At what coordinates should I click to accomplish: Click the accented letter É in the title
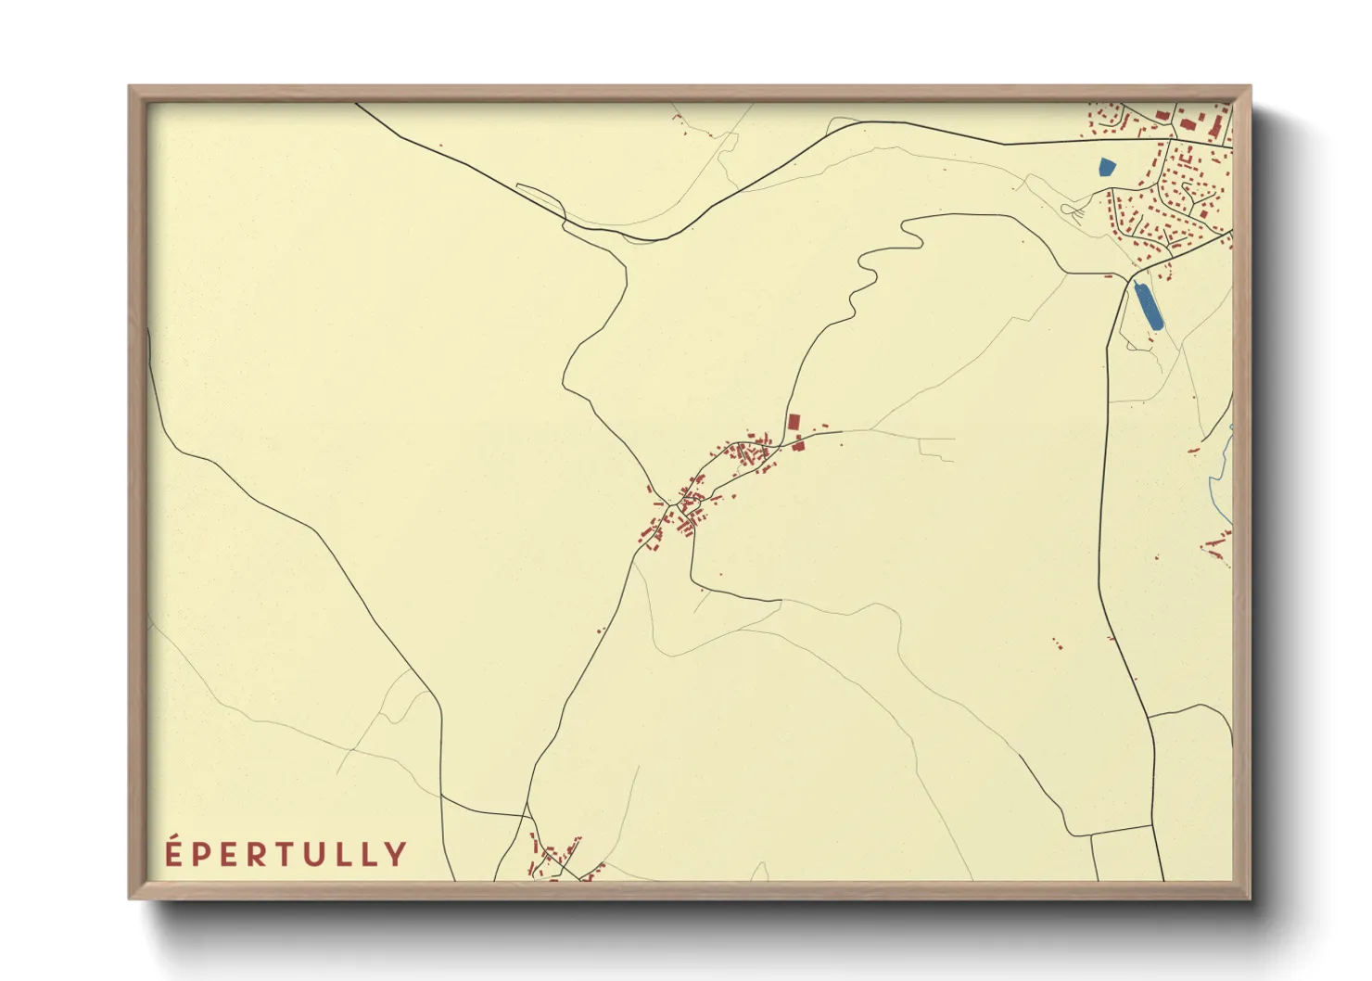(173, 854)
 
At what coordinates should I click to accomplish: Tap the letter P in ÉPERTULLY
(201, 855)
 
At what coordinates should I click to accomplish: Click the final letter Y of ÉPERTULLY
(397, 855)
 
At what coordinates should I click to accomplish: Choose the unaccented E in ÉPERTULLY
(228, 855)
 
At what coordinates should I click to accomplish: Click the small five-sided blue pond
(1106, 168)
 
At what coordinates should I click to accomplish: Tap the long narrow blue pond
(1149, 306)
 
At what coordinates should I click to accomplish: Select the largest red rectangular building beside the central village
(794, 422)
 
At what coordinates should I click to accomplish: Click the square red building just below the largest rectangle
(798, 445)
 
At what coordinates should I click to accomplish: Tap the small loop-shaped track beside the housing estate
(1075, 212)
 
